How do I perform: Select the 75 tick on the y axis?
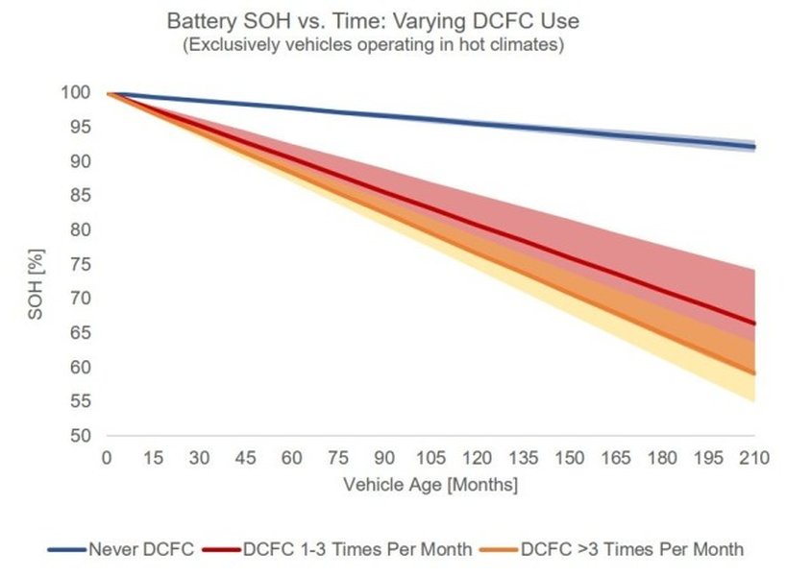pos(82,265)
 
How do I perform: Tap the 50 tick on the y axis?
pos(82,436)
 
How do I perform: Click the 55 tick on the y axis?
pos(82,401)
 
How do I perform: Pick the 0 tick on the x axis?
pos(107,458)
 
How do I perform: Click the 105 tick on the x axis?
pos(430,458)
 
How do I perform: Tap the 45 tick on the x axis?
pos(245,458)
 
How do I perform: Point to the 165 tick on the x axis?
pos(616,458)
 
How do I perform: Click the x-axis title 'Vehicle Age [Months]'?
pos(430,485)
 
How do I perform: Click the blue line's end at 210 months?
pos(754,147)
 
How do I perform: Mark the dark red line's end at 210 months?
pos(754,324)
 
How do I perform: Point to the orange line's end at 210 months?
pos(754,373)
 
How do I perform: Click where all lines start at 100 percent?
pos(109,93)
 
